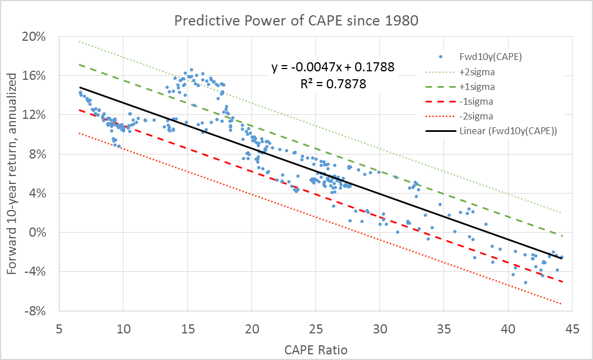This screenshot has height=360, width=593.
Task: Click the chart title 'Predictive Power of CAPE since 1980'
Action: [x=296, y=22]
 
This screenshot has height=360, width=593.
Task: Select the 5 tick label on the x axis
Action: [x=59, y=328]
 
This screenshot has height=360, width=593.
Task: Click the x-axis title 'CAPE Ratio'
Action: [x=315, y=350]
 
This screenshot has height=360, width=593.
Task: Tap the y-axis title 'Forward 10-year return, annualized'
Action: [x=14, y=173]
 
